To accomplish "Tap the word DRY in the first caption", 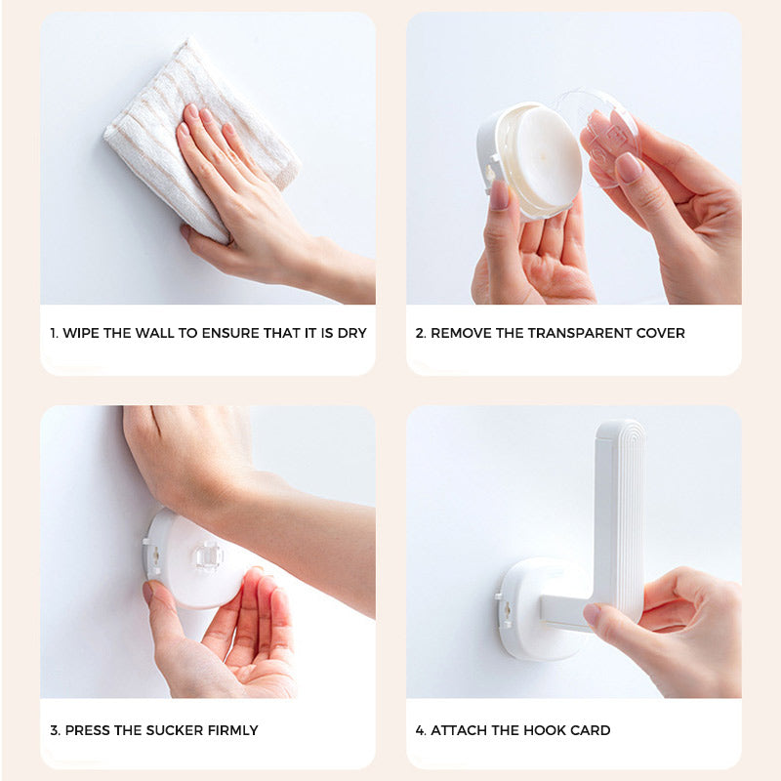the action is pyautogui.click(x=351, y=333).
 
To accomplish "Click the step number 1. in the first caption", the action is pyautogui.click(x=54, y=333).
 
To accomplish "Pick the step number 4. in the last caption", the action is pyautogui.click(x=421, y=730).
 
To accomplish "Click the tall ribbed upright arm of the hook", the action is pyautogui.click(x=619, y=514).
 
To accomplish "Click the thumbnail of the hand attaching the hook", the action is pyautogui.click(x=593, y=614).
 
